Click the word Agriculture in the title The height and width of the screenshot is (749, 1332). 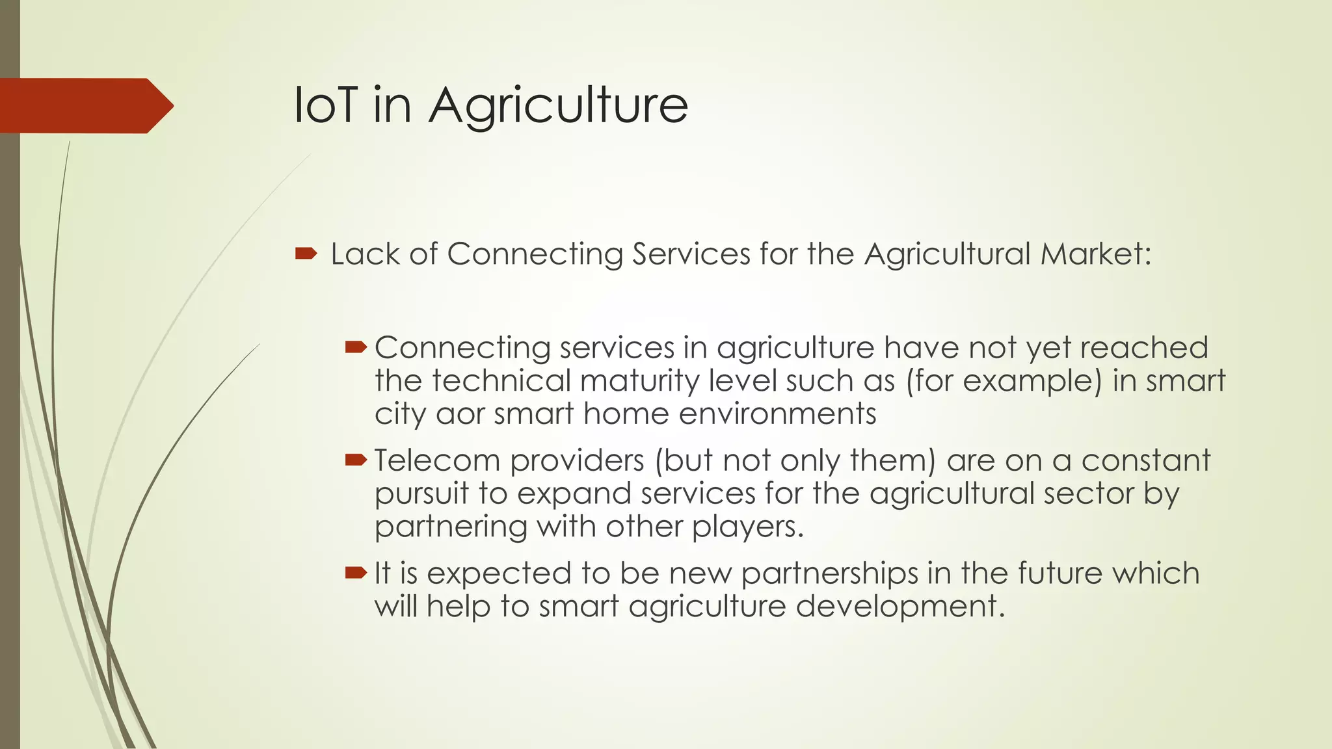click(558, 106)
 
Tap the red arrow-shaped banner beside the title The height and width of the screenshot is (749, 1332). click(85, 105)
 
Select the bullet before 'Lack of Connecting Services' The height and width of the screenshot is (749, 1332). click(306, 254)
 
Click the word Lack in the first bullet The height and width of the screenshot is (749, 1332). click(365, 254)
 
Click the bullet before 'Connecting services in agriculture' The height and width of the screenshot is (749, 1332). click(356, 348)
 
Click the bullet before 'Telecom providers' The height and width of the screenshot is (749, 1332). click(356, 461)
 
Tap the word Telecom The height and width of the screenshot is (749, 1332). click(437, 461)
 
